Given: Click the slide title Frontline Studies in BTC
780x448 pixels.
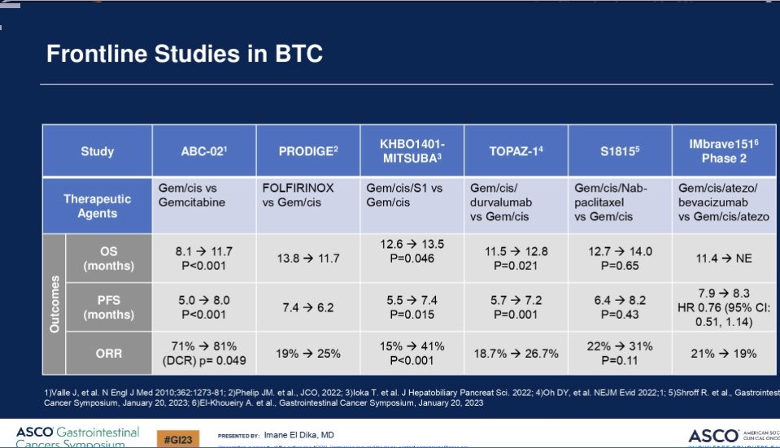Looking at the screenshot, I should pyautogui.click(x=184, y=54).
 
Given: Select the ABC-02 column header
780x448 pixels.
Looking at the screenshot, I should pyautogui.click(x=203, y=151).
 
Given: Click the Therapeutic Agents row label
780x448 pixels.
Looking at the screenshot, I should pyautogui.click(x=97, y=206).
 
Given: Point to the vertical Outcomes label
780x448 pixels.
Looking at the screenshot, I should pyautogui.click(x=54, y=306).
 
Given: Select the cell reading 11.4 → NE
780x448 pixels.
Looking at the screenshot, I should pyautogui.click(x=722, y=259).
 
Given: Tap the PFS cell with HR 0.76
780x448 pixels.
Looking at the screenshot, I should pyautogui.click(x=722, y=307).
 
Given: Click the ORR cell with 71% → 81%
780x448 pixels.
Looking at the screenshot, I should pyautogui.click(x=202, y=354).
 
